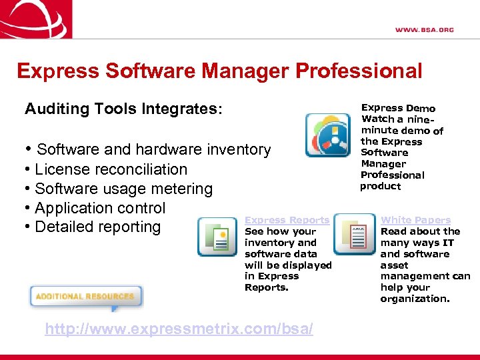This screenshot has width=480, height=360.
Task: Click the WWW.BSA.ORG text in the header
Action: [x=424, y=29]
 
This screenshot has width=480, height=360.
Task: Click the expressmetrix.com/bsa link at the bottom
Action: [x=179, y=329]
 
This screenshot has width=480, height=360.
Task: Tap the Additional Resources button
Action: [x=86, y=297]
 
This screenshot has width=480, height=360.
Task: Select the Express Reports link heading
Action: [x=287, y=220]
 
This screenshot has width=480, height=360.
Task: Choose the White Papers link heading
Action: [x=415, y=220]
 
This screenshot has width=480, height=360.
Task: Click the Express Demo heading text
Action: [x=398, y=108]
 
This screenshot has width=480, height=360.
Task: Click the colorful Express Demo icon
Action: [x=327, y=135]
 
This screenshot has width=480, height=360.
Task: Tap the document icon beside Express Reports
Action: [x=217, y=236]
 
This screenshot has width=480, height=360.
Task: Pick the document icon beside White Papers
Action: [x=354, y=234]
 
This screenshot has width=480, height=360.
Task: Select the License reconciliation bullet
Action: [x=111, y=169]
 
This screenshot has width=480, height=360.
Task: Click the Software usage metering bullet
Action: [x=123, y=189]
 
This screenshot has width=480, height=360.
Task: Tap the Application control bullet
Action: [x=100, y=208]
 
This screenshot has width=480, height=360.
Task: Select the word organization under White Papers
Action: [x=415, y=299]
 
